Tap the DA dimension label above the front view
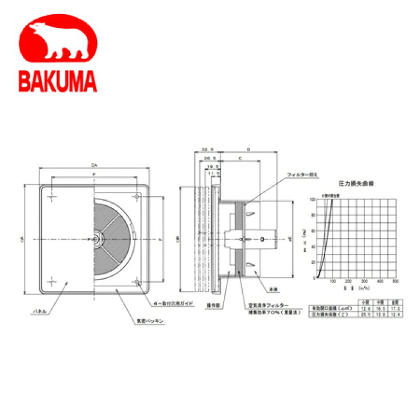pyautogui.click(x=94, y=166)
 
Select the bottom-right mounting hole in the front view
pyautogui.click(x=137, y=283)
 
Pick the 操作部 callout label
pyautogui.click(x=219, y=306)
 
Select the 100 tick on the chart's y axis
pyautogui.click(x=313, y=199)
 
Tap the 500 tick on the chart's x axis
pyautogui.click(x=395, y=282)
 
